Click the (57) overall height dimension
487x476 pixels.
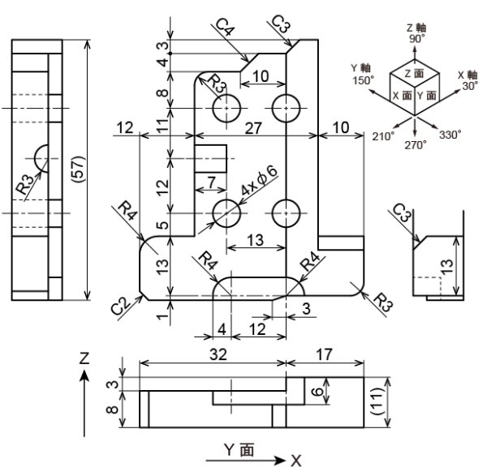78,169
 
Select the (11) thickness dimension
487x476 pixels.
377,402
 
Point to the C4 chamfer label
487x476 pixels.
225,28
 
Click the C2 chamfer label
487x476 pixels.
121,306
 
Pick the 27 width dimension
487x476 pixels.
253,128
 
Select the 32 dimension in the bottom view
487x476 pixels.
218,354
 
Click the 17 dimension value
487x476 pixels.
324,354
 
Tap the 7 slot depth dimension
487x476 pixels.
211,182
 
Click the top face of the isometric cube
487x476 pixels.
415,74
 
